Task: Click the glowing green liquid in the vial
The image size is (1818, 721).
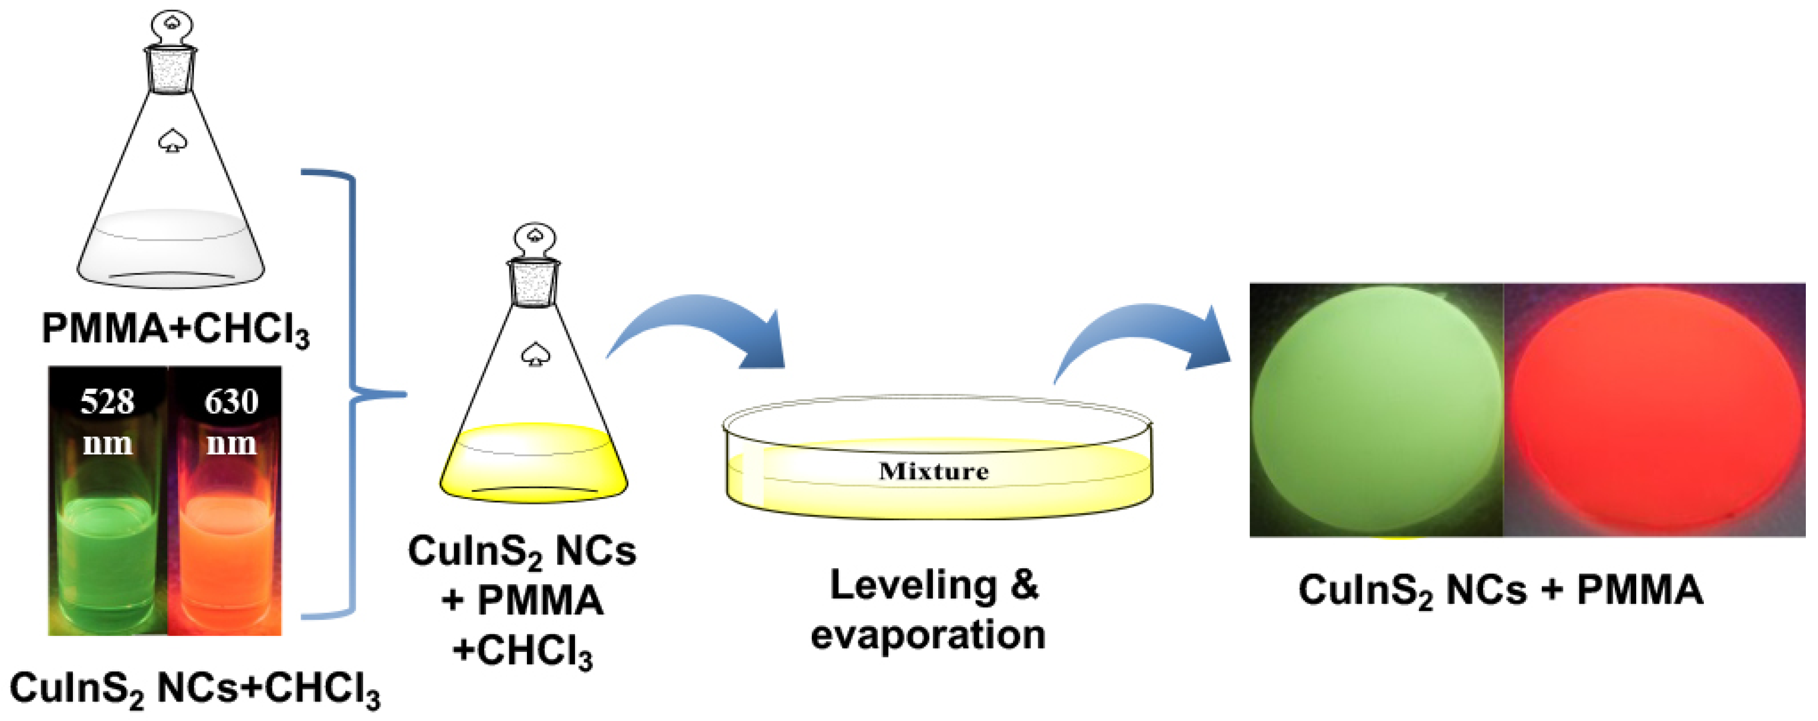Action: coord(108,558)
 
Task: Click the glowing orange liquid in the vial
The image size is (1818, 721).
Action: coord(226,558)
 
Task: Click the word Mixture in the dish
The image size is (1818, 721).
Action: coord(934,471)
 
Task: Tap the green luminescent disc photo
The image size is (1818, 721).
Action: coord(1376,410)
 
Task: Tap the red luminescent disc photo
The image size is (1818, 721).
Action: coord(1655,410)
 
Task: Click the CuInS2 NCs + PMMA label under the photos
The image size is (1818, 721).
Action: coord(1501,590)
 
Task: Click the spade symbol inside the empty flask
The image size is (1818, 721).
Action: coord(170,141)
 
